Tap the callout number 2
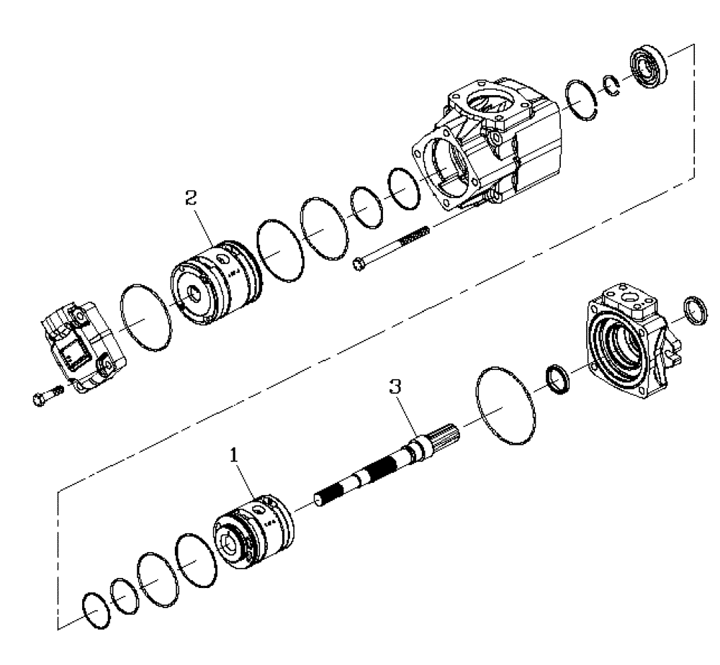point(191,199)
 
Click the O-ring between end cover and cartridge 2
point(146,318)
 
